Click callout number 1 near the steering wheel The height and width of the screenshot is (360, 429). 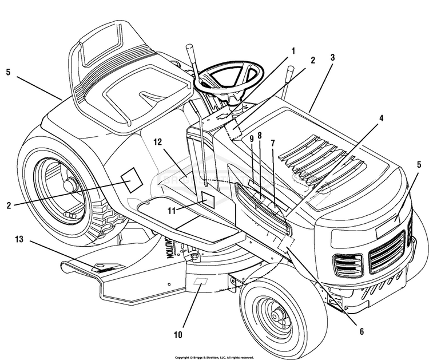(x=293, y=50)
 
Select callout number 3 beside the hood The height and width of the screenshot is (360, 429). (x=332, y=58)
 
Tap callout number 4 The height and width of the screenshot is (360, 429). (x=382, y=118)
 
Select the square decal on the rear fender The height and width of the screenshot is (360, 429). (x=131, y=180)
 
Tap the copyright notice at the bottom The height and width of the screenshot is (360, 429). (x=214, y=357)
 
